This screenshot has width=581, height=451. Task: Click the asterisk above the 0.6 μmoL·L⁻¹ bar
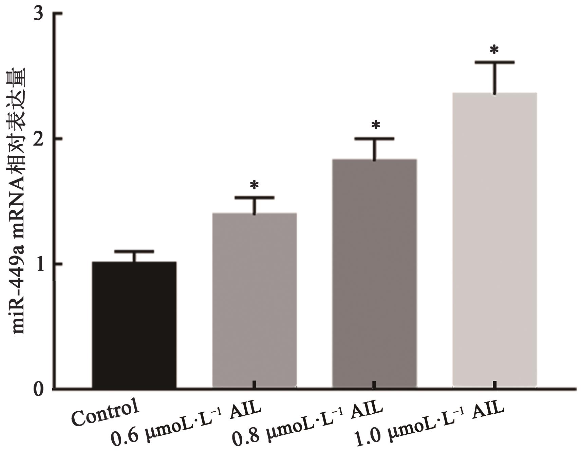pos(254,185)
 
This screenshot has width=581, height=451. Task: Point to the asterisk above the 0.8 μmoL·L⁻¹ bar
pos(375,125)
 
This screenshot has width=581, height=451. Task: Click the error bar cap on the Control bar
pos(134,251)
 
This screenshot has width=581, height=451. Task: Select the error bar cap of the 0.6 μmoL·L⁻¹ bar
pos(255,198)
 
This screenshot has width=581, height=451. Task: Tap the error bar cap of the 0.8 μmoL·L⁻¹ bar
pos(374,138)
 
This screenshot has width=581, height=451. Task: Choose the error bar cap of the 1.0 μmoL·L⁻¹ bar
pos(494,62)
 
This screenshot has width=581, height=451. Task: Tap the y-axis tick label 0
pos(40,389)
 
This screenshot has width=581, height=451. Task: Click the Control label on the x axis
pos(106,412)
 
